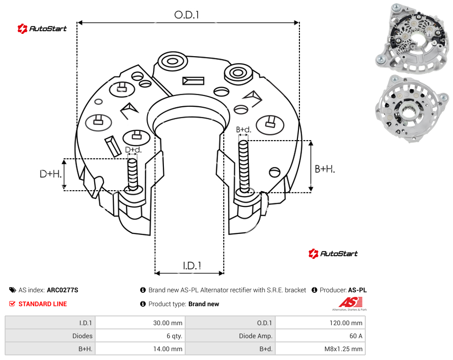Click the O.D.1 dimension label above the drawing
187,15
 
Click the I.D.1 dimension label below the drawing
192,266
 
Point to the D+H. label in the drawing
51,174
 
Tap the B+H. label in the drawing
325,169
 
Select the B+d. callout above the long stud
244,129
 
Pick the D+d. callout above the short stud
133,150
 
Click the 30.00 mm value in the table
168,323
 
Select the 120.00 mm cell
346,323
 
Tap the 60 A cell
356,336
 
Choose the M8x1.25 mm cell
343,349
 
